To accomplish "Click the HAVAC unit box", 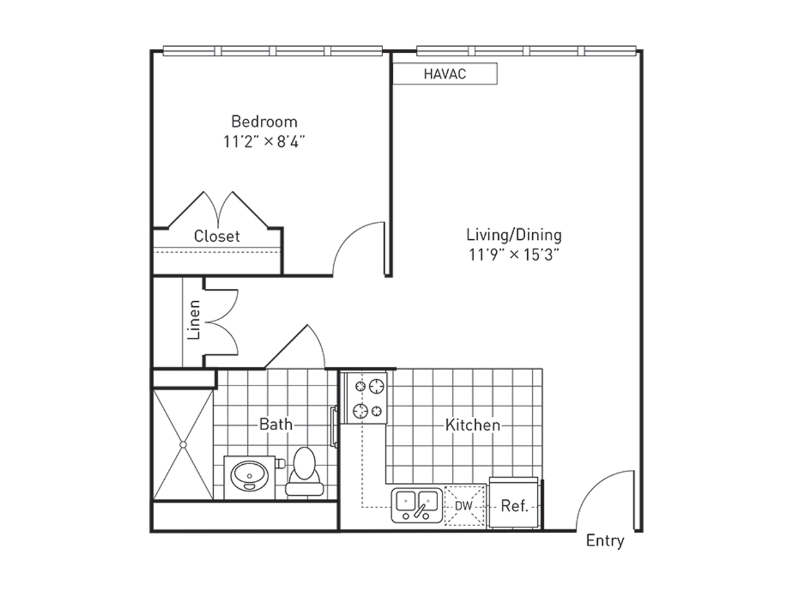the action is tap(445, 74).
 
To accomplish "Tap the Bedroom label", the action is tap(264, 121).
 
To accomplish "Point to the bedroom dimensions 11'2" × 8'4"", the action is tap(264, 141).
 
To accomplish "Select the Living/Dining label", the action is tap(514, 235).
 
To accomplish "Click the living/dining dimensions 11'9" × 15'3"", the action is tap(514, 255).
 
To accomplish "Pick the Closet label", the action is tap(217, 236).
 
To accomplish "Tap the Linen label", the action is tap(194, 320).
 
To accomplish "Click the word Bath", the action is tap(276, 424).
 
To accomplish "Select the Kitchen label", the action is tap(473, 425).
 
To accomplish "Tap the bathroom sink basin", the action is tap(250, 476).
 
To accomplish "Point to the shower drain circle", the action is tap(183, 445).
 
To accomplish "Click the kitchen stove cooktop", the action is tap(366, 398).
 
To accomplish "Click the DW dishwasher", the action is tap(465, 506).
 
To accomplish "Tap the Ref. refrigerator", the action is tap(514, 503).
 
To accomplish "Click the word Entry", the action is tap(605, 541).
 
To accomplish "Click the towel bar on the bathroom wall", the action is tap(334, 426).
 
